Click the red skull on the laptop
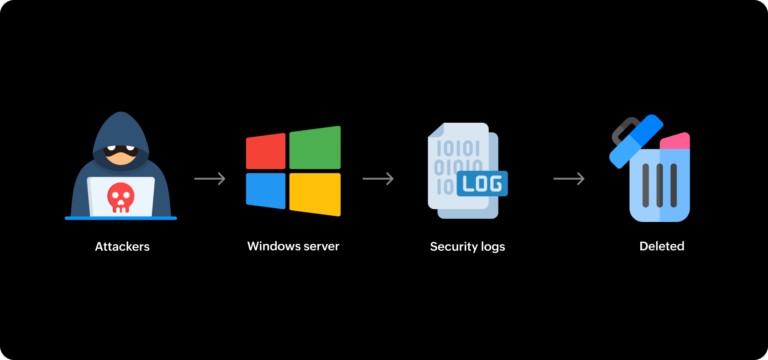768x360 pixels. (x=121, y=197)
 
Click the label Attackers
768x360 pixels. (x=122, y=247)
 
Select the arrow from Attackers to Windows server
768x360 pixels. (x=210, y=179)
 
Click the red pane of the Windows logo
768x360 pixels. (x=266, y=151)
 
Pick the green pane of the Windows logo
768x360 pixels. (x=315, y=148)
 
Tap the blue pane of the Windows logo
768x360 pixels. (x=266, y=190)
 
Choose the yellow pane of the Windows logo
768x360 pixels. (x=315, y=194)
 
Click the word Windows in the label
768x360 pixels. (x=274, y=246)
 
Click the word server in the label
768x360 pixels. (x=321, y=247)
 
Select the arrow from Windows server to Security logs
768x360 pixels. (x=378, y=179)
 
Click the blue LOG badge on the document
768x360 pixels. (x=482, y=184)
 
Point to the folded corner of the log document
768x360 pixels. (x=436, y=131)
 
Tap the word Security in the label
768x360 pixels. (x=454, y=247)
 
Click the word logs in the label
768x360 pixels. (x=493, y=247)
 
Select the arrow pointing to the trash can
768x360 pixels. (x=569, y=179)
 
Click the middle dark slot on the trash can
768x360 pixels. (x=660, y=185)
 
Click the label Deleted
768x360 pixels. (x=662, y=246)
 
